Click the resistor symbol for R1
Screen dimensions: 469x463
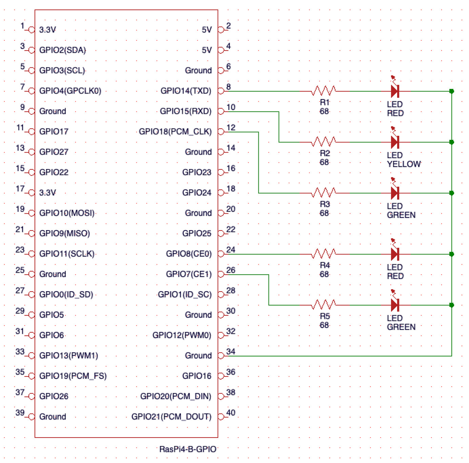point(324,91)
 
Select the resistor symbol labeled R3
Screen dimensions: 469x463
point(324,193)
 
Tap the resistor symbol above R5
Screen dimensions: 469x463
point(324,305)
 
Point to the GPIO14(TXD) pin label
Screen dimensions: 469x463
point(186,91)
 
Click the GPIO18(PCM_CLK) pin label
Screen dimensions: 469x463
point(175,132)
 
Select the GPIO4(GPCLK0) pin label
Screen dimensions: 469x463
point(70,91)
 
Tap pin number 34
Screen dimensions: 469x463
point(231,351)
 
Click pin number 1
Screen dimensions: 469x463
point(22,25)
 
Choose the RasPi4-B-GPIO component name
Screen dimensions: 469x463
point(188,449)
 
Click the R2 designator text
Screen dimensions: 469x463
point(325,153)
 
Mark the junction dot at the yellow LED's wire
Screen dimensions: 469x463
point(451,142)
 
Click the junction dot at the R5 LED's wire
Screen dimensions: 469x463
point(451,305)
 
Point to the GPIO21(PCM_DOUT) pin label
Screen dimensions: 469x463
point(172,417)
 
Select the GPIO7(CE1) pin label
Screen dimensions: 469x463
point(189,274)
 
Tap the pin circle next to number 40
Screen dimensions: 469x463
point(221,417)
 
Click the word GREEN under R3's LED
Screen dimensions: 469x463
point(401,215)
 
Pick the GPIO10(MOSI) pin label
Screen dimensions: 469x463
point(67,213)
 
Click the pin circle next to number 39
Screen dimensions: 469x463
point(31,417)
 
